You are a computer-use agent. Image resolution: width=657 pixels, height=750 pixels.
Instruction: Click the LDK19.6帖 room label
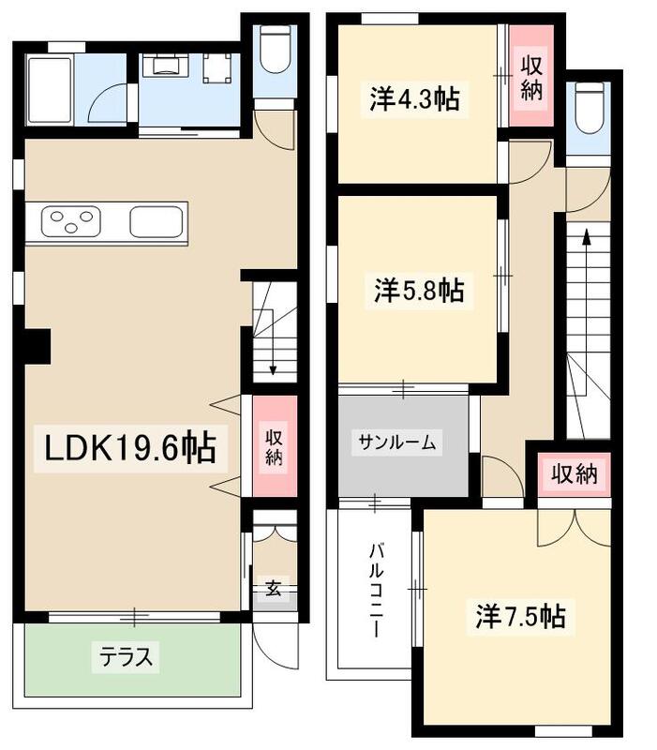click(126, 449)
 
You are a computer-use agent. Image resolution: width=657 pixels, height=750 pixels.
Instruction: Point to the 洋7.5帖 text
click(519, 616)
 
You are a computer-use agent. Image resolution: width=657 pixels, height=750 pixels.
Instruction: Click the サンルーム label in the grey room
click(396, 443)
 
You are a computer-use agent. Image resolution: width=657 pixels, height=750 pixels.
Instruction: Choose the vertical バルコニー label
click(375, 589)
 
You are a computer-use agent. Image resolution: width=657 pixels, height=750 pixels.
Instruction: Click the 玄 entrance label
click(273, 590)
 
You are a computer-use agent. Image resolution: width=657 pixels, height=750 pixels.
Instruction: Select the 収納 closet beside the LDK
click(273, 447)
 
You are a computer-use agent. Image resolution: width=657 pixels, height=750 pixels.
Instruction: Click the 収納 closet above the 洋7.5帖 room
click(573, 474)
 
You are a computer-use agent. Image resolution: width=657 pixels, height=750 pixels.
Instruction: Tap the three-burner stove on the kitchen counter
click(68, 223)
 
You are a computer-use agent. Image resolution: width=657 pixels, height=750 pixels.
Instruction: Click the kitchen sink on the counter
click(154, 223)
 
